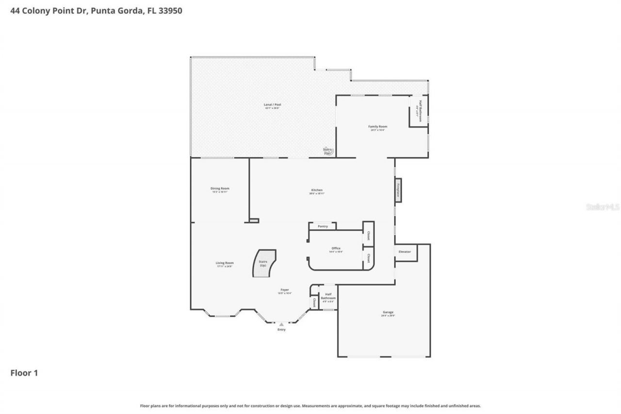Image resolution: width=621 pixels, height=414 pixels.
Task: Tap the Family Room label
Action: pyautogui.click(x=377, y=127)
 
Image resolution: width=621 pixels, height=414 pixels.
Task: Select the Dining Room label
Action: pyautogui.click(x=220, y=188)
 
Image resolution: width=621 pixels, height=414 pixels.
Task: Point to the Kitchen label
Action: pyautogui.click(x=317, y=190)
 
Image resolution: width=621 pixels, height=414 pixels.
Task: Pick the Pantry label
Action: pyautogui.click(x=323, y=226)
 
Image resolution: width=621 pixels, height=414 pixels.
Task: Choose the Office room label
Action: pyautogui.click(x=336, y=248)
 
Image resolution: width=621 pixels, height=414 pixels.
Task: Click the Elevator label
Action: pyautogui.click(x=405, y=252)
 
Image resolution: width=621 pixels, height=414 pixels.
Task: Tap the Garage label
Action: pyautogui.click(x=388, y=313)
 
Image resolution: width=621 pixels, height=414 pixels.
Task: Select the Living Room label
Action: pyautogui.click(x=225, y=263)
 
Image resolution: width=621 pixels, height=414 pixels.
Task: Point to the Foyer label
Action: pyautogui.click(x=285, y=290)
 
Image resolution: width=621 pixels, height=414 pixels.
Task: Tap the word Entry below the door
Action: pyautogui.click(x=281, y=330)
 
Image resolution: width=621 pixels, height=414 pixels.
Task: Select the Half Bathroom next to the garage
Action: pyautogui.click(x=328, y=297)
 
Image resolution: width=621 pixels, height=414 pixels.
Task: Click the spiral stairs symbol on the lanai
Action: pyautogui.click(x=328, y=151)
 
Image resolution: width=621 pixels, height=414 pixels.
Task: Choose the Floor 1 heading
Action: pyautogui.click(x=24, y=373)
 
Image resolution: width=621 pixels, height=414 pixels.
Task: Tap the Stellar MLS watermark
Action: pyautogui.click(x=603, y=207)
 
